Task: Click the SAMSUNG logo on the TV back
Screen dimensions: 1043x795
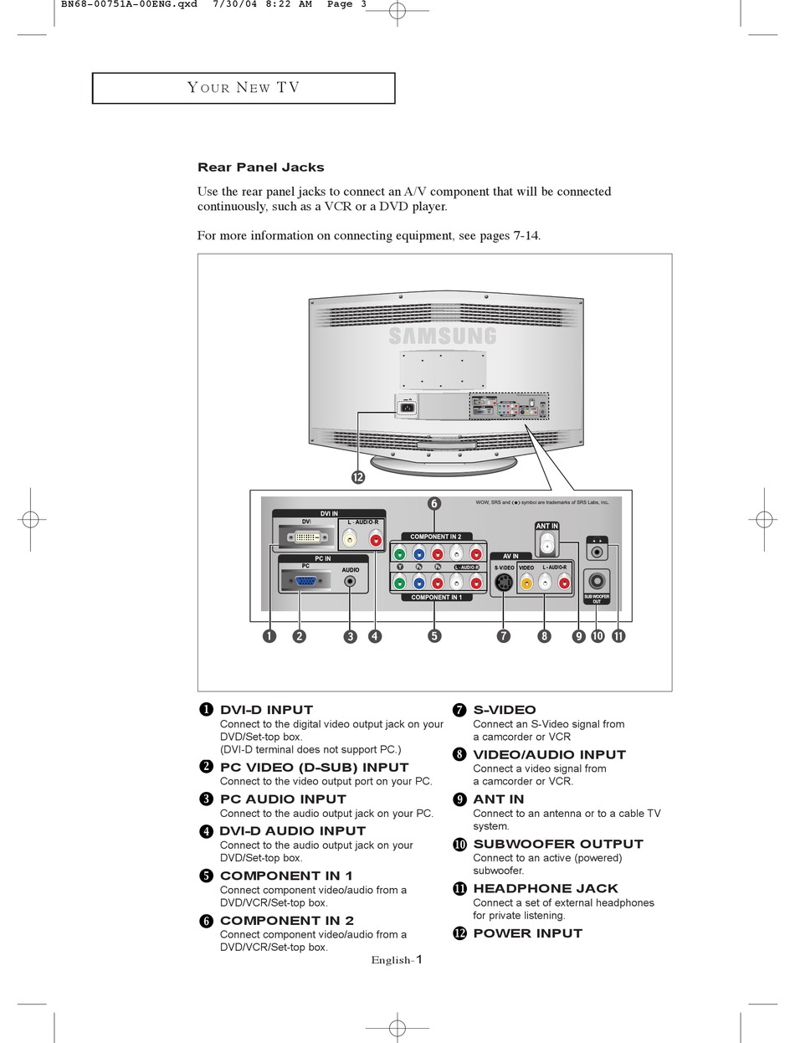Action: point(443,336)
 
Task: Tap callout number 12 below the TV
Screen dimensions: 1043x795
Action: point(358,477)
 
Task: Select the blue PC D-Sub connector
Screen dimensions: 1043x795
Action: point(306,580)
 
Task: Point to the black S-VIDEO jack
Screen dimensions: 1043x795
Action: point(504,583)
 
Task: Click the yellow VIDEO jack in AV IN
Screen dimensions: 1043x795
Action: point(526,583)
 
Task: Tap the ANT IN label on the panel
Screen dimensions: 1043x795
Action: point(546,526)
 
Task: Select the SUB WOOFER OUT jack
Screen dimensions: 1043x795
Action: point(597,581)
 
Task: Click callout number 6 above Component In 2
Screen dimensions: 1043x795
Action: point(434,503)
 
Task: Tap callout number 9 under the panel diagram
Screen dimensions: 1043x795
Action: point(578,636)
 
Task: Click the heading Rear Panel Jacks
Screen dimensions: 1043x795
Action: point(260,167)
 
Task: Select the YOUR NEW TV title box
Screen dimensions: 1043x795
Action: point(244,88)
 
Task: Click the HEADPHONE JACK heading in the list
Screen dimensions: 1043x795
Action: point(545,888)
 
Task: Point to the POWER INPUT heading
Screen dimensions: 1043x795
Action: point(527,933)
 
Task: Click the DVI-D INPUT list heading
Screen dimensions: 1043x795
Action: point(266,710)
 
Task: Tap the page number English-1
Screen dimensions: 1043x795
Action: point(397,960)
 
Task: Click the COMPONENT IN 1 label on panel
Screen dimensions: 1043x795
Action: point(436,598)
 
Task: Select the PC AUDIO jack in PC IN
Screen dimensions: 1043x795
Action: point(351,581)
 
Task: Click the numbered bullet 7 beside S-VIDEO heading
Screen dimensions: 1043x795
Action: point(459,710)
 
